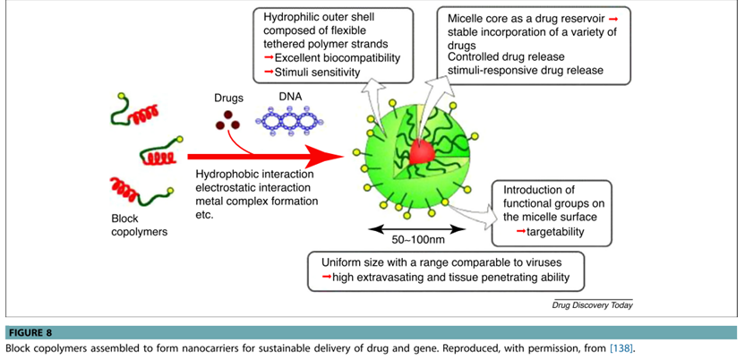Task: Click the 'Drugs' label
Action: pos(228,98)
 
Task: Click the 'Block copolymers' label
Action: pos(134,225)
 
